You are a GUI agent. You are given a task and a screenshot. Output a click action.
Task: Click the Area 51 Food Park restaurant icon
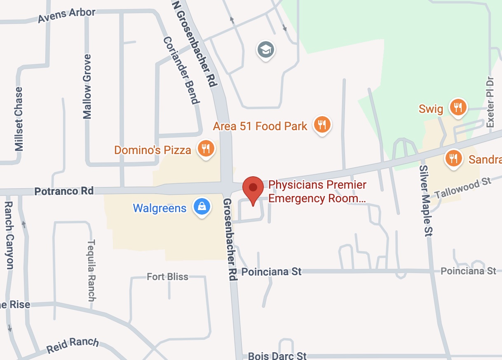pyautogui.click(x=322, y=124)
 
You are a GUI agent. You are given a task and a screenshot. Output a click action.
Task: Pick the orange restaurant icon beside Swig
pyautogui.click(x=457, y=108)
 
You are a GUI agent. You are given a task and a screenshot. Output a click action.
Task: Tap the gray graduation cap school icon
pyautogui.click(x=266, y=50)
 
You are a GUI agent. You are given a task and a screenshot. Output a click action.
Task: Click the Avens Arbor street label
pyautogui.click(x=66, y=16)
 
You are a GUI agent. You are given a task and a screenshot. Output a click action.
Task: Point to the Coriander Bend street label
pyautogui.click(x=181, y=70)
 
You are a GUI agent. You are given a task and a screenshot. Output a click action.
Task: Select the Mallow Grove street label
pyautogui.click(x=87, y=86)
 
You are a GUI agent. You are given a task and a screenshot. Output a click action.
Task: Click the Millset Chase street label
pyautogui.click(x=19, y=119)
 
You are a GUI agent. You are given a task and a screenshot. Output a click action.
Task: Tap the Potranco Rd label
pyautogui.click(x=64, y=191)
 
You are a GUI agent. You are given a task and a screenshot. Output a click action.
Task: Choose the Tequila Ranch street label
pyautogui.click(x=91, y=270)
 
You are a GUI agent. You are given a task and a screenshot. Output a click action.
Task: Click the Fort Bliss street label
pyautogui.click(x=167, y=277)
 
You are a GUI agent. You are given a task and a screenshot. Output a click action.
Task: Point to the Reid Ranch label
pyautogui.click(x=73, y=346)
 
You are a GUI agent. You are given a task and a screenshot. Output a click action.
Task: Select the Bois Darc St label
pyautogui.click(x=278, y=355)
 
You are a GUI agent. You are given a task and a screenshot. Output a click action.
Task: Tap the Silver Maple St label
pyautogui.click(x=425, y=201)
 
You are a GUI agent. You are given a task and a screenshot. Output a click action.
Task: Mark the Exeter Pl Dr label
pyautogui.click(x=490, y=101)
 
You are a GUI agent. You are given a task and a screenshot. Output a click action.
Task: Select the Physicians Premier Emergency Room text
pyautogui.click(x=317, y=192)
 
